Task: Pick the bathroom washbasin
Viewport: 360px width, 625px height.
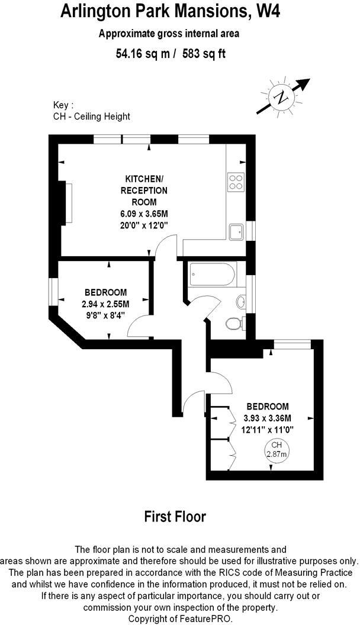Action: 241,302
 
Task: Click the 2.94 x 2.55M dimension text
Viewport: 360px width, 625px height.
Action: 105,304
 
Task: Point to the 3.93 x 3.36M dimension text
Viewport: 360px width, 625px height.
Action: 268,418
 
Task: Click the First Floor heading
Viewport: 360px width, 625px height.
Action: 175,516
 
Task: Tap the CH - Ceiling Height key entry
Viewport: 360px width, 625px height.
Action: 91,117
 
